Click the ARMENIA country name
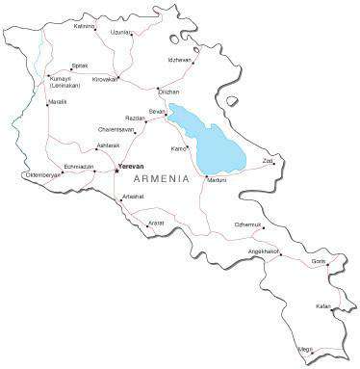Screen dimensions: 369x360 [x=162, y=181]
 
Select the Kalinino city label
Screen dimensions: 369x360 [x=85, y=26]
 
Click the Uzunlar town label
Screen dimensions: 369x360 [x=120, y=32]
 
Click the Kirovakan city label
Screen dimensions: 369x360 [x=105, y=79]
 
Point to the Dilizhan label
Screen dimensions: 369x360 [x=168, y=92]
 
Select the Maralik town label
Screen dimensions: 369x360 [x=58, y=101]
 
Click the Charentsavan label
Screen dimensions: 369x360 [x=116, y=128]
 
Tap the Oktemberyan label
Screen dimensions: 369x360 [x=41, y=175]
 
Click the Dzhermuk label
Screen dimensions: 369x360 [x=247, y=224]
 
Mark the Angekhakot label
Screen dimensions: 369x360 [x=263, y=251]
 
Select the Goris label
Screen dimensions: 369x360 [x=319, y=261]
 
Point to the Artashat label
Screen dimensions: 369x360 [x=133, y=197]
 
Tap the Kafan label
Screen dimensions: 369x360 [x=322, y=306]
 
